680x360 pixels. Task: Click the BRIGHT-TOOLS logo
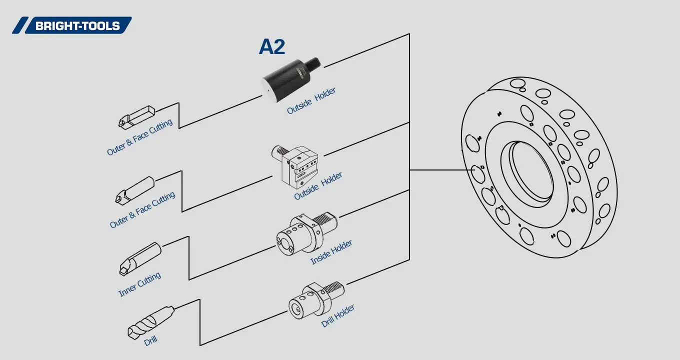[x=72, y=25]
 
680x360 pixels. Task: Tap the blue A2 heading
[x=272, y=47]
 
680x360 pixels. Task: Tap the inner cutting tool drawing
[x=139, y=258]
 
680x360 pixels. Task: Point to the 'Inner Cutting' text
[x=139, y=284]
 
